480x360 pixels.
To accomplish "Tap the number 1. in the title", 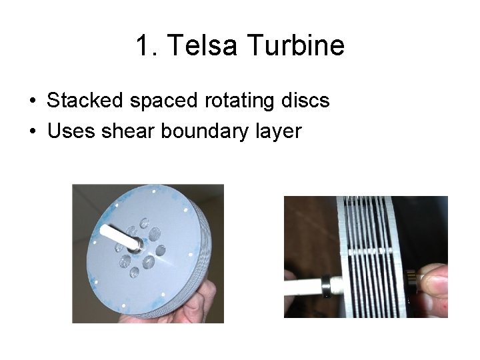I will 147,46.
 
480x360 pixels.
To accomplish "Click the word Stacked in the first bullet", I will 85,101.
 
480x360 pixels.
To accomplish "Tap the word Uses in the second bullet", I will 71,131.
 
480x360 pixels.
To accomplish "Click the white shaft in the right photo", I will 303,287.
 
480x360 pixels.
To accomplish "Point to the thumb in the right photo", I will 433,283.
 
